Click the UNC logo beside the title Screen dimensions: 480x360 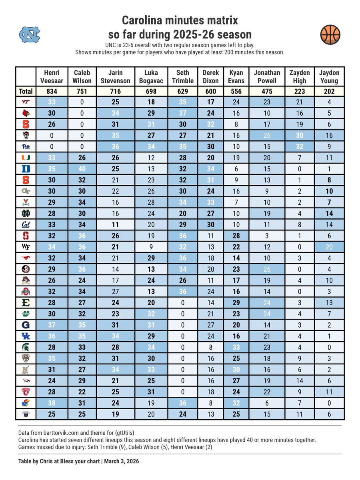30,34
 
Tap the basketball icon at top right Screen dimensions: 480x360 330,34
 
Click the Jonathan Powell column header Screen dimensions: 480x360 267,76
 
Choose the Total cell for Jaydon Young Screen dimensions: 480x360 329,92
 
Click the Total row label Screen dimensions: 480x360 26,92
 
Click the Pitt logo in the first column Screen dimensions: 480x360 26,146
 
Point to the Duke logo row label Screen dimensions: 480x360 26,168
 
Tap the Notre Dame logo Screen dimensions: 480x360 26,213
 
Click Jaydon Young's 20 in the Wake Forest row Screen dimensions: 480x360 329,247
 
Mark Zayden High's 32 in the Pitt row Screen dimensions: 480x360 299,146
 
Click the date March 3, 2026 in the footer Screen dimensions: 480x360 121,461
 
